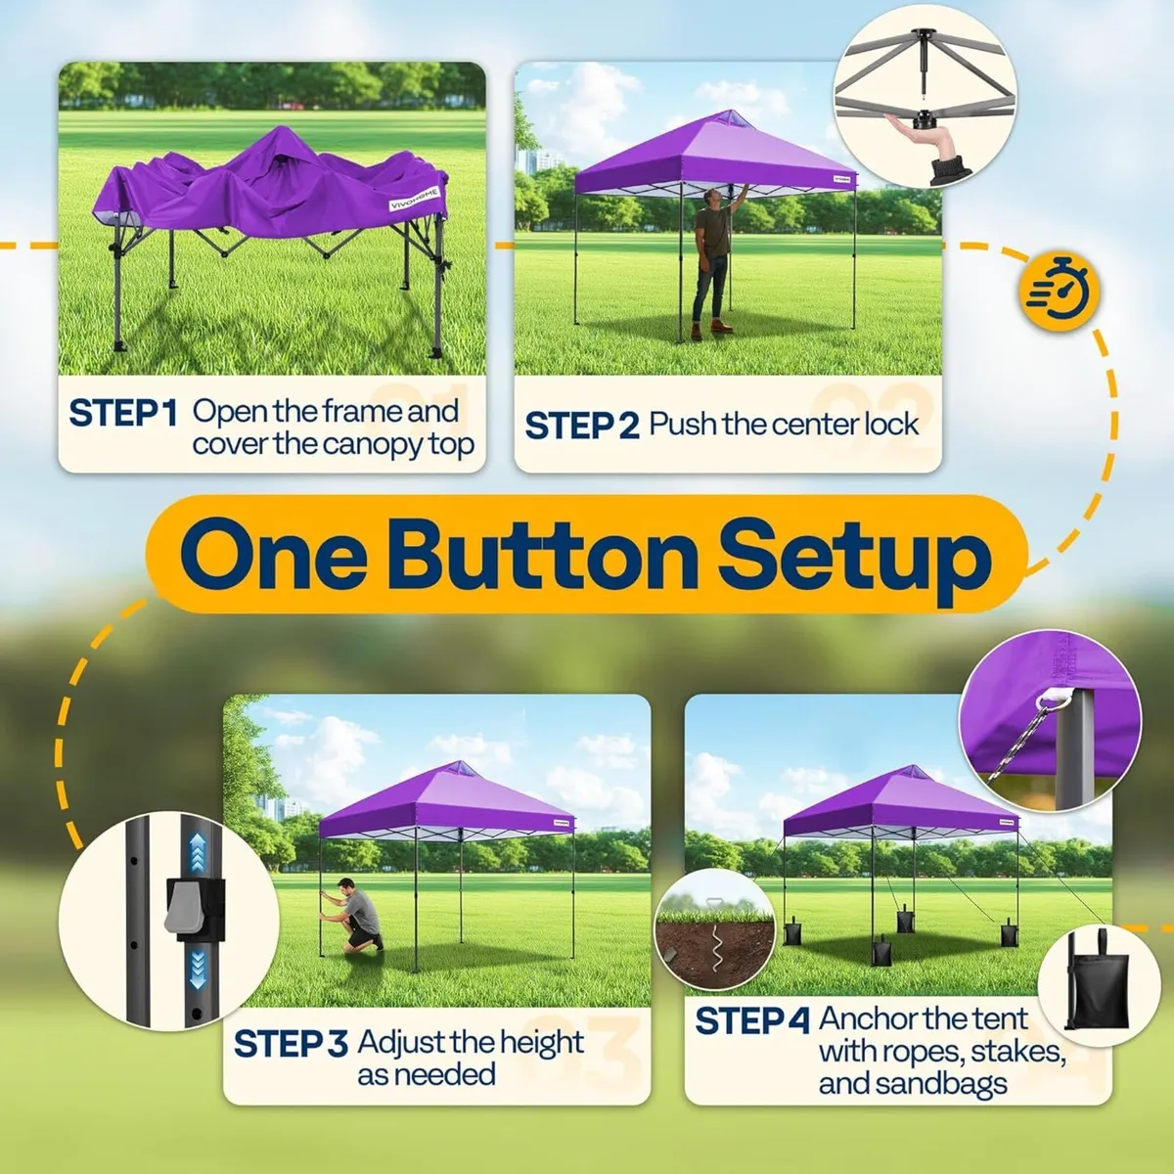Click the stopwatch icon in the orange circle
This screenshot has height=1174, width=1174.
click(1060, 292)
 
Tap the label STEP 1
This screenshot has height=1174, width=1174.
click(122, 413)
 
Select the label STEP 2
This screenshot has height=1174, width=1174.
click(581, 426)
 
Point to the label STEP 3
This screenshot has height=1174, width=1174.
click(291, 1044)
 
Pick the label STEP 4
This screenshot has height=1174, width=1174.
click(751, 1021)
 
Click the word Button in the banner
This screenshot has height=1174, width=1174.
click(543, 556)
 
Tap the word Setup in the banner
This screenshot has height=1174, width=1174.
click(853, 556)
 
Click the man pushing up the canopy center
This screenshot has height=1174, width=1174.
click(713, 262)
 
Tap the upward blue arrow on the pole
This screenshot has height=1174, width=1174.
click(197, 852)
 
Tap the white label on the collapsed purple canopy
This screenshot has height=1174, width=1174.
click(415, 198)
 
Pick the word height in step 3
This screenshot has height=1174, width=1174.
click(536, 1043)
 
